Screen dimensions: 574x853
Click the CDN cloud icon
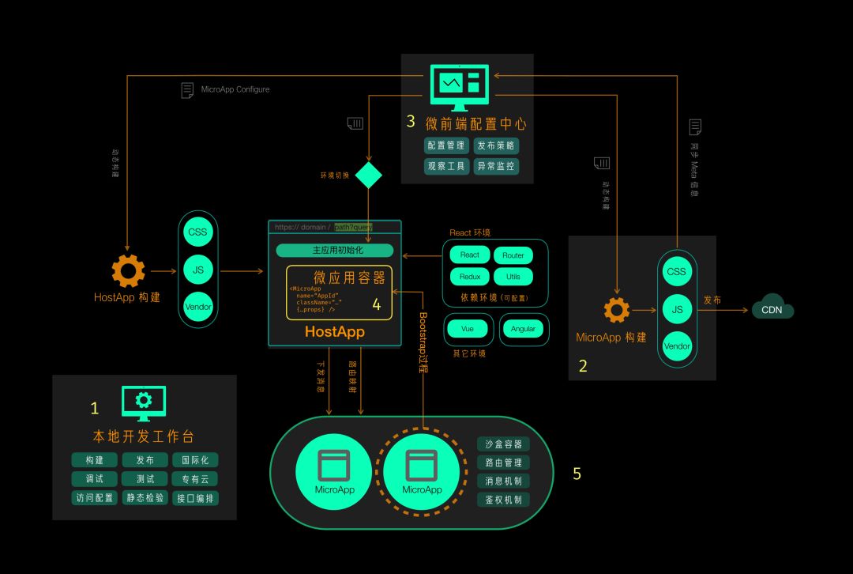pyautogui.click(x=772, y=308)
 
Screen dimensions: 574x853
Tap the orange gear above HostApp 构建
pyautogui.click(x=128, y=270)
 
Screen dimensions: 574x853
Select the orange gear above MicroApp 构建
pyautogui.click(x=617, y=309)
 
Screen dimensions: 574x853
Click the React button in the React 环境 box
pyautogui.click(x=470, y=255)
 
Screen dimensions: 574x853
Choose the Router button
pyautogui.click(x=513, y=255)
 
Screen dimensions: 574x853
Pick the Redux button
pyautogui.click(x=470, y=277)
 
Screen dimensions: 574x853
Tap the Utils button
pyautogui.click(x=513, y=277)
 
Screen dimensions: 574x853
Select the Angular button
pyautogui.click(x=523, y=329)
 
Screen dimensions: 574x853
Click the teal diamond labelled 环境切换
pyautogui.click(x=368, y=175)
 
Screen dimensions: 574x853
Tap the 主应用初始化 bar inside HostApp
pyautogui.click(x=334, y=251)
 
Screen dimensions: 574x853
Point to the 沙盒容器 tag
pyautogui.click(x=503, y=444)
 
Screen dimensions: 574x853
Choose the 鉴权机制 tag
pyautogui.click(x=503, y=500)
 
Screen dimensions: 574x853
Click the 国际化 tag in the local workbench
pyautogui.click(x=195, y=460)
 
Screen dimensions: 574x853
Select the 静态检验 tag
pyautogui.click(x=145, y=498)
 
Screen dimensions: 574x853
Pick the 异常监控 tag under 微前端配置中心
pyautogui.click(x=496, y=166)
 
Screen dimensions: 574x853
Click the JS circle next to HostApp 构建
pyautogui.click(x=198, y=270)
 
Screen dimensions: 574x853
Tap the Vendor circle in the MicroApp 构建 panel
pyautogui.click(x=677, y=346)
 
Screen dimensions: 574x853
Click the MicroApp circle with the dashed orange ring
pyautogui.click(x=422, y=472)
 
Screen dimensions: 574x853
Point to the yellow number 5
pyautogui.click(x=577, y=474)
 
